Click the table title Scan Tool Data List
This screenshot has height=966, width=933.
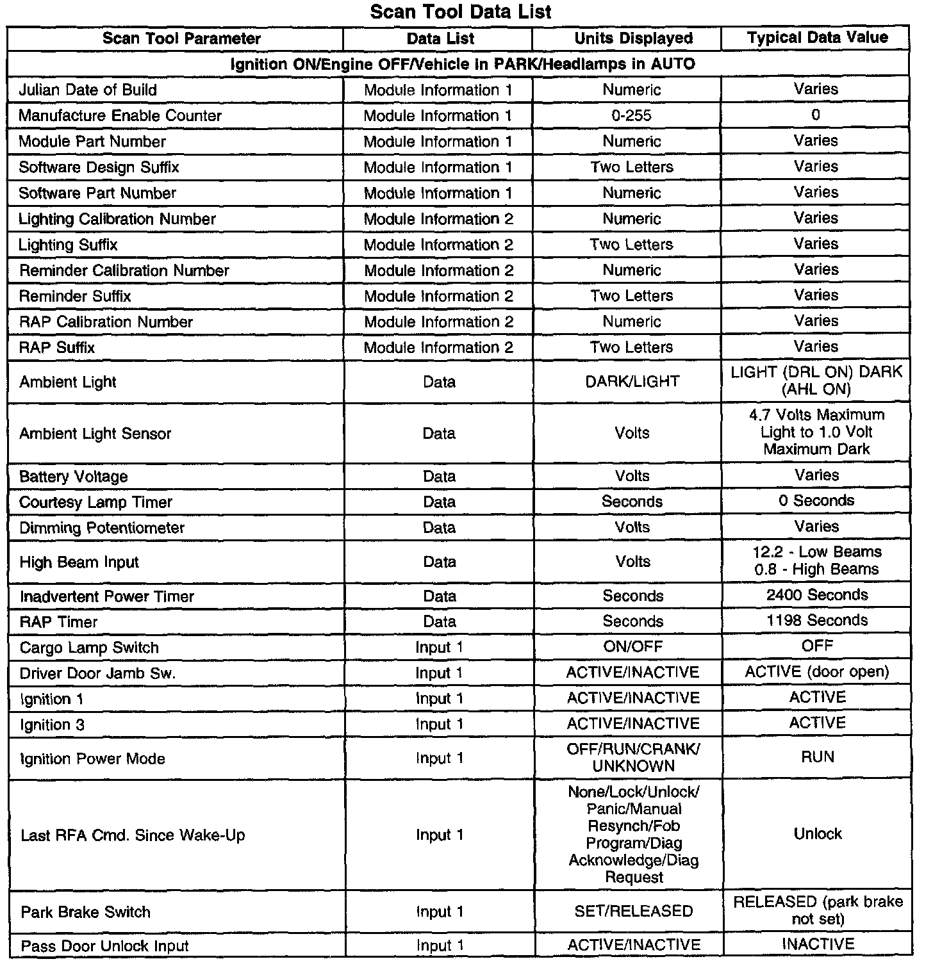[461, 12]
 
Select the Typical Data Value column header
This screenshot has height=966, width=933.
[817, 38]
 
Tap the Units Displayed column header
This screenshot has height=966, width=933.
[633, 38]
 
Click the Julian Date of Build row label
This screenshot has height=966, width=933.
[88, 90]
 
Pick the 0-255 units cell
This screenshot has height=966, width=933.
[632, 116]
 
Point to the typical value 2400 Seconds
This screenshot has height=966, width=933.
[817, 595]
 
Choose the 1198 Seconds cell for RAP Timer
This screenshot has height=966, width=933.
[817, 621]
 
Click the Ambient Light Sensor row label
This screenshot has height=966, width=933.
[95, 434]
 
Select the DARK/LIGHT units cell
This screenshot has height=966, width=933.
[632, 382]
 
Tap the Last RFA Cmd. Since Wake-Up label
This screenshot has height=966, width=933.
[133, 835]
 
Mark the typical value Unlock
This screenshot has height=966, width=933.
[818, 834]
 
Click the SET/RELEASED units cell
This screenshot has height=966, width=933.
[633, 912]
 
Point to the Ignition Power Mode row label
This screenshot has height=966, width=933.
[92, 759]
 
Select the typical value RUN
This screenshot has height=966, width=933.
[818, 757]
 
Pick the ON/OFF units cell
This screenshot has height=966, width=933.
[632, 647]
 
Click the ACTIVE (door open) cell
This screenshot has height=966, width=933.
[817, 672]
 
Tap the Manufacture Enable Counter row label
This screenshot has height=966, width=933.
[120, 116]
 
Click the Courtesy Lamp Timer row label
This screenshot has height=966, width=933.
[95, 502]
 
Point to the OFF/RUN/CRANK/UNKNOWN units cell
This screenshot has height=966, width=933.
[633, 758]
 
